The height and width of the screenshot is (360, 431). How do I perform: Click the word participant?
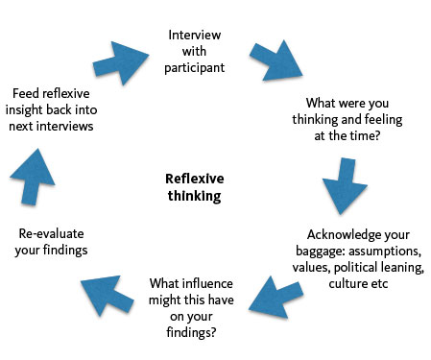195,69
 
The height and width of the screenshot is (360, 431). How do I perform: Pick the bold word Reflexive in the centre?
194,179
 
